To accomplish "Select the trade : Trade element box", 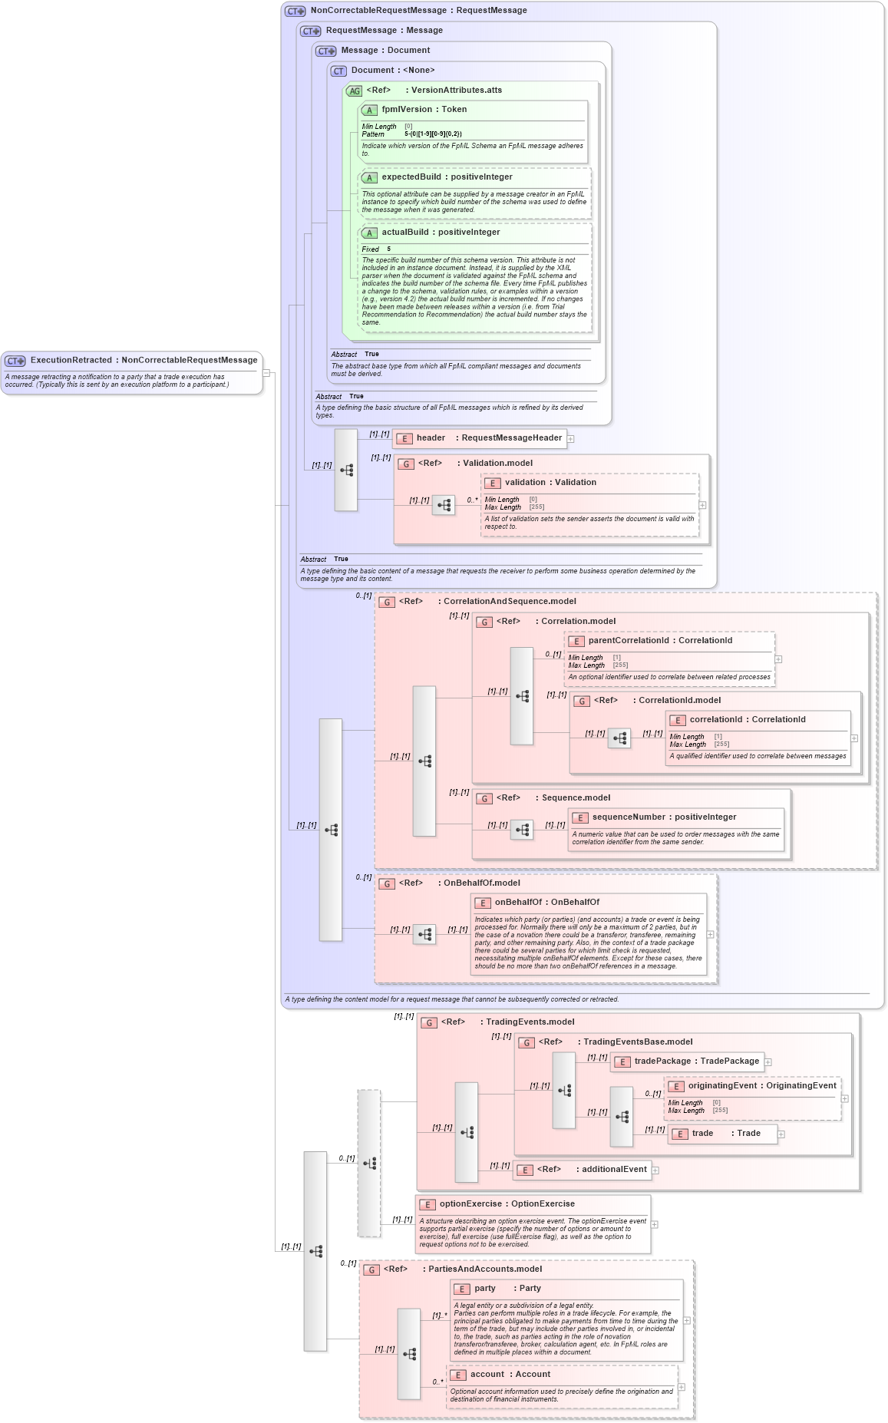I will (721, 1134).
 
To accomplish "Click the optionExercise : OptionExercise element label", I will (507, 1204).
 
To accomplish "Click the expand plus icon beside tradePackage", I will (768, 1062).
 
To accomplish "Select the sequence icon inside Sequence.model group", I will (522, 830).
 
